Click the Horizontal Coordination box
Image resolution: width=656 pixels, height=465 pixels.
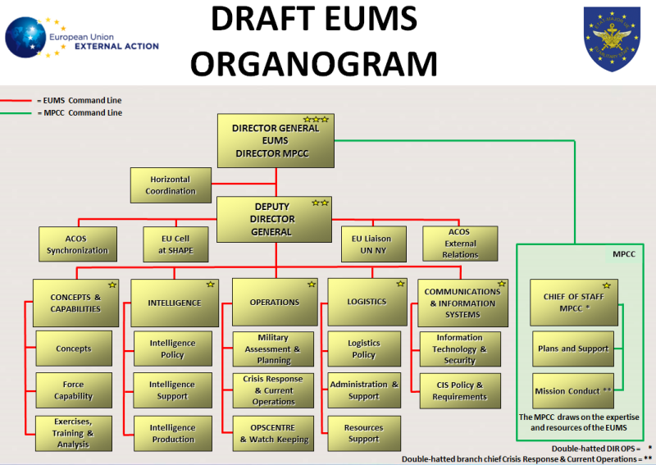[171, 185]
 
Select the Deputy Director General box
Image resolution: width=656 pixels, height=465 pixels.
[273, 219]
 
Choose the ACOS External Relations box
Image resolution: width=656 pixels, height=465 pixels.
[461, 244]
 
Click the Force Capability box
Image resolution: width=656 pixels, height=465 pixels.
[74, 390]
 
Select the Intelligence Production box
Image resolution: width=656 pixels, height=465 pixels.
[172, 433]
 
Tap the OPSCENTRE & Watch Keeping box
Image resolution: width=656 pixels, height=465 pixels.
[273, 433]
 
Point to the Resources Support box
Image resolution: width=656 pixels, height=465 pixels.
[363, 433]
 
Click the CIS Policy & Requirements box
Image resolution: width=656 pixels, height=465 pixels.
[459, 390]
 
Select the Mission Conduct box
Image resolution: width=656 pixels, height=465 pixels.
[573, 390]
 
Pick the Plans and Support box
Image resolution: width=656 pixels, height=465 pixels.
[573, 349]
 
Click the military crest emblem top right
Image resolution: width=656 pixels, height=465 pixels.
[612, 39]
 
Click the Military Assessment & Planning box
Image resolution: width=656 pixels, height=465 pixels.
[273, 349]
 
